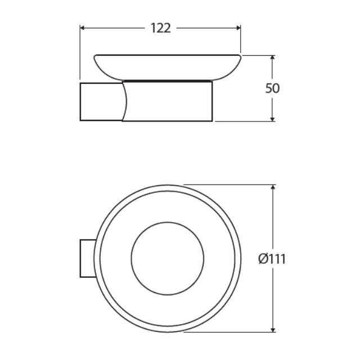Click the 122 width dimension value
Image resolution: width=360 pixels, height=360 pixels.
tap(160, 28)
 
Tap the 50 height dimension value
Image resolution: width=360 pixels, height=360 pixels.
tap(272, 88)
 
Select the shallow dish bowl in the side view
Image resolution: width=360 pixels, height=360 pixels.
tap(168, 65)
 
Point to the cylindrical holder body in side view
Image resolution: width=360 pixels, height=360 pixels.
tap(169, 102)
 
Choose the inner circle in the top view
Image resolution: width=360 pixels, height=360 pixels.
tap(168, 258)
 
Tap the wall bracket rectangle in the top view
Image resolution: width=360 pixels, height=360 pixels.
tap(86, 258)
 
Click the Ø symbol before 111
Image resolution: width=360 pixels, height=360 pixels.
tap(263, 259)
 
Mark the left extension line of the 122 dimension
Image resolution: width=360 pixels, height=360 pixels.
tap(80, 53)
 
